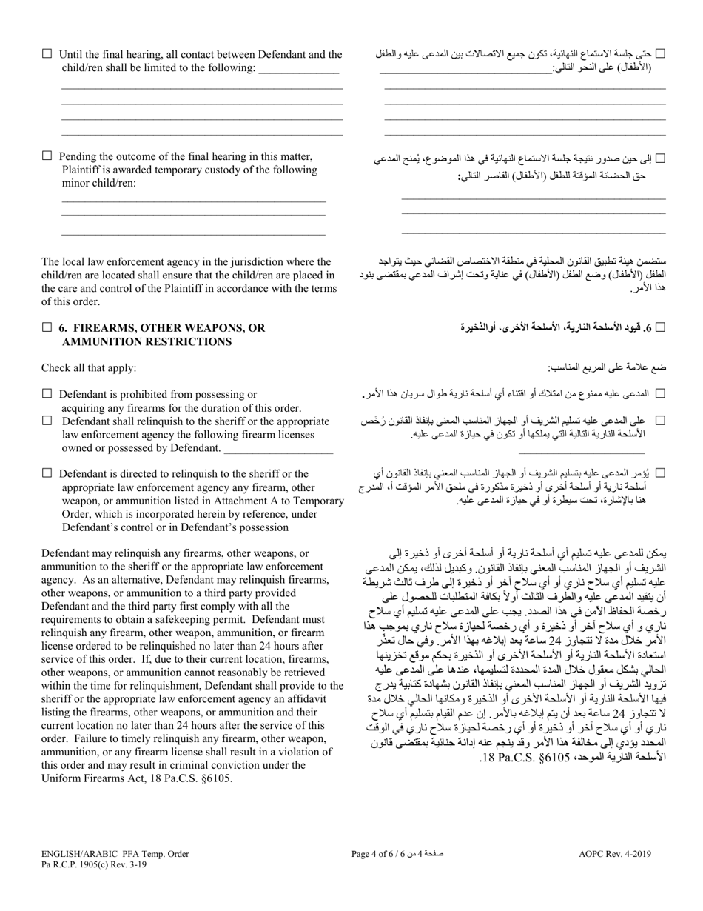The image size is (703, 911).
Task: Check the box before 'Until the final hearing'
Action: click(47, 53)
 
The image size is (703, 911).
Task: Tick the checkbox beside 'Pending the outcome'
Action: click(47, 156)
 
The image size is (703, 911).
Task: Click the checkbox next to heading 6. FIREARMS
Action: click(47, 327)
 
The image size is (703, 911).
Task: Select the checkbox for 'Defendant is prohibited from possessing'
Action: click(47, 394)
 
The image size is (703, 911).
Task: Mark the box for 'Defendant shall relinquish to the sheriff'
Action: click(47, 421)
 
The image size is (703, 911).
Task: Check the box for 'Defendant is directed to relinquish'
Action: click(47, 473)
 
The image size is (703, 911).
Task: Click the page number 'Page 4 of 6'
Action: click(377, 854)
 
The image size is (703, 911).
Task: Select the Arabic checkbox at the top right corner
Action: click(661, 53)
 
